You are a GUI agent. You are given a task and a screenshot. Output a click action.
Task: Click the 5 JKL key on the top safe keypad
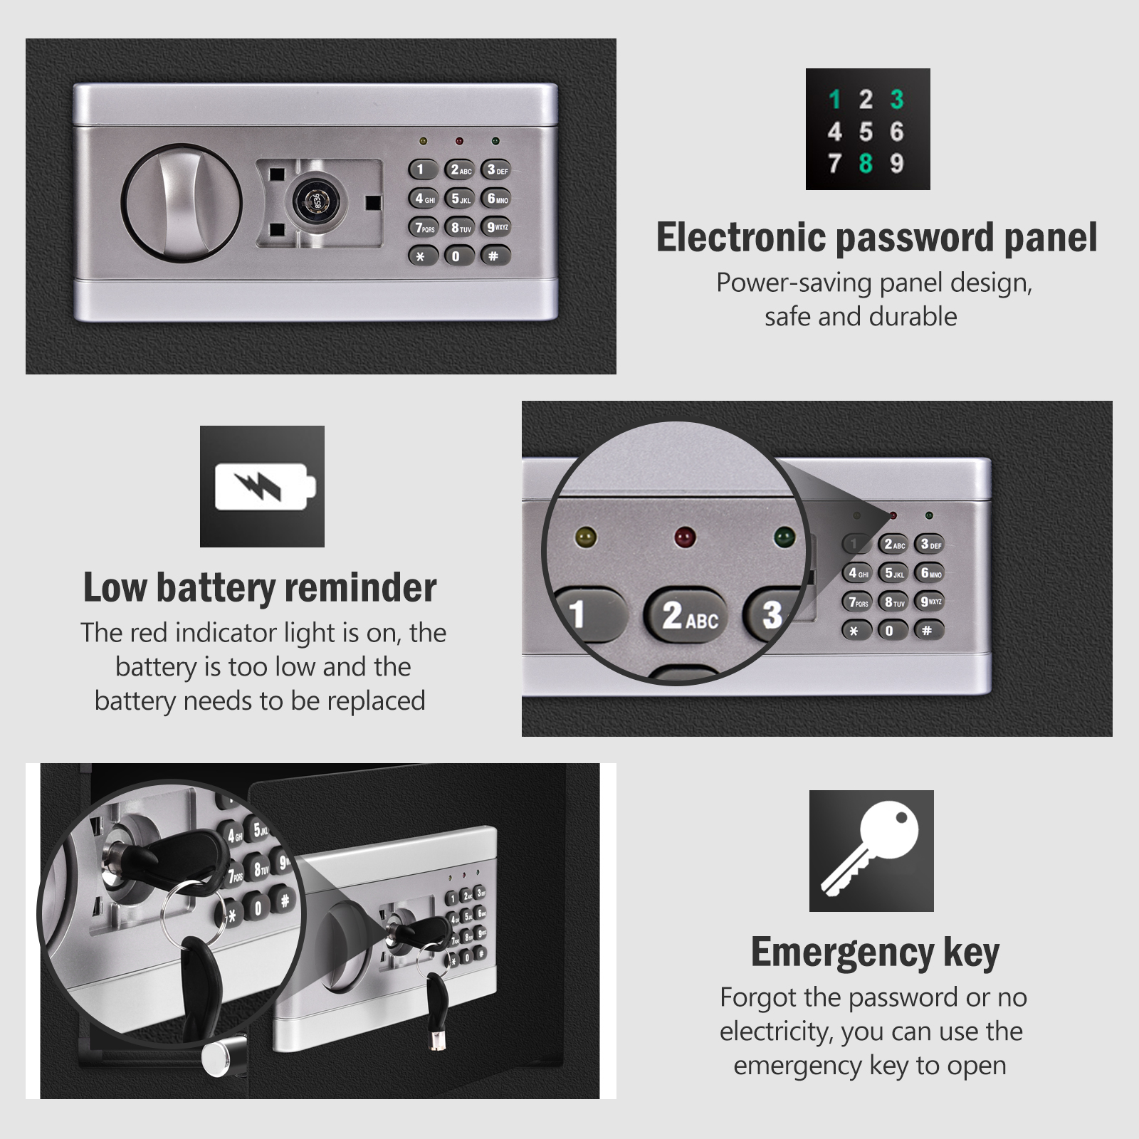pyautogui.click(x=460, y=199)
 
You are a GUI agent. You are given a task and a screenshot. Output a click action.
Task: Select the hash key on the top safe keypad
pyautogui.click(x=495, y=256)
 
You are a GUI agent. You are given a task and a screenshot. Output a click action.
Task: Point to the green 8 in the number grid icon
pyautogui.click(x=866, y=163)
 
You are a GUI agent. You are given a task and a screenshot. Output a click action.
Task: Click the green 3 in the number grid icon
pyautogui.click(x=897, y=99)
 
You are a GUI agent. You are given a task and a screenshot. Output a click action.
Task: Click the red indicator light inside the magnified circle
pyautogui.click(x=684, y=536)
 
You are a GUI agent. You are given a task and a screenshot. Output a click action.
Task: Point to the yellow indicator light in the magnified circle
pyautogui.click(x=586, y=537)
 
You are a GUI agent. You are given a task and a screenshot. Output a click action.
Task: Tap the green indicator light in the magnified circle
pyautogui.click(x=784, y=536)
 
